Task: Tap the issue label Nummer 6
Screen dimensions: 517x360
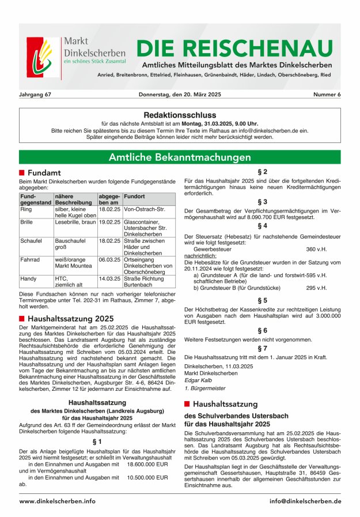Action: coord(327,94)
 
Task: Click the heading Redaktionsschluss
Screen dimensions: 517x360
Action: coord(179,115)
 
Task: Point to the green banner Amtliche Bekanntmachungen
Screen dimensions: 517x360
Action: coord(180,157)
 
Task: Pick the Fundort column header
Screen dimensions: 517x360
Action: coord(134,197)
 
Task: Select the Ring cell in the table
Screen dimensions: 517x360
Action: coord(26,210)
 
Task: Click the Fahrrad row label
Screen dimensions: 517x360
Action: coord(31,260)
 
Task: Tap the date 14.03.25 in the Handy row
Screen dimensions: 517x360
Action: coord(109,278)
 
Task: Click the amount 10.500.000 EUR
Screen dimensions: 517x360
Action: coord(147,477)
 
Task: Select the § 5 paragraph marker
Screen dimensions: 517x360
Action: coord(262,300)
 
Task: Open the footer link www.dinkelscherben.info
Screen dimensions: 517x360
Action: coord(58,501)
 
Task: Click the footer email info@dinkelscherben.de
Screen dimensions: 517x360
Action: coord(305,501)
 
